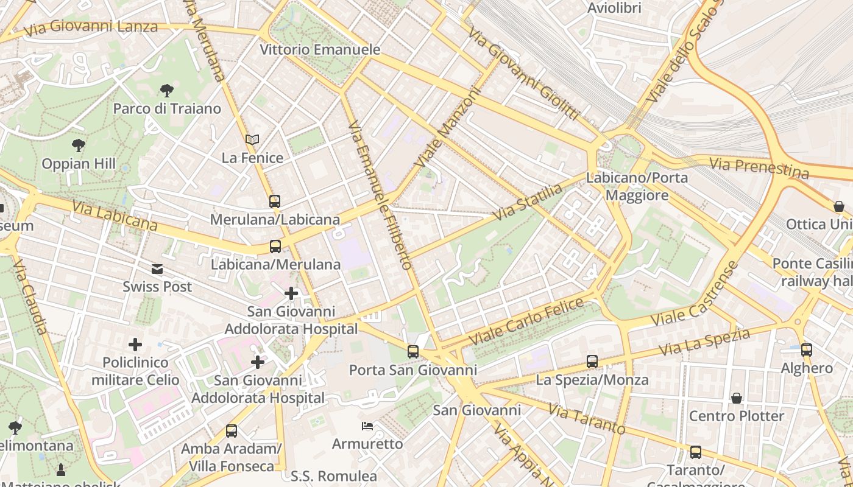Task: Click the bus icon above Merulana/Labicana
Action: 275,201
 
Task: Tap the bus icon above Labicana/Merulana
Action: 275,247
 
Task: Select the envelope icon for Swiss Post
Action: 157,268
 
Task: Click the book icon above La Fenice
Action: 252,140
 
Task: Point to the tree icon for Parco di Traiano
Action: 167,91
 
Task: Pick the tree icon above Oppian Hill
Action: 78,145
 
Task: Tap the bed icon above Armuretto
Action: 367,426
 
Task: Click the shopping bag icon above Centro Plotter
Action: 736,398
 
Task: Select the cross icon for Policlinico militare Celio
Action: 135,345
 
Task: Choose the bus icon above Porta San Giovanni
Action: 413,351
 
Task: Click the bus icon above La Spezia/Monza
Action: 592,362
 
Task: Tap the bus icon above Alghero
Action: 807,350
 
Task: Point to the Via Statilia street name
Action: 528,203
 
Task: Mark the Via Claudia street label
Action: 29,296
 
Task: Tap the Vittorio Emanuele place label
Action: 320,50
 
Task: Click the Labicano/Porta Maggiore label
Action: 637,186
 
